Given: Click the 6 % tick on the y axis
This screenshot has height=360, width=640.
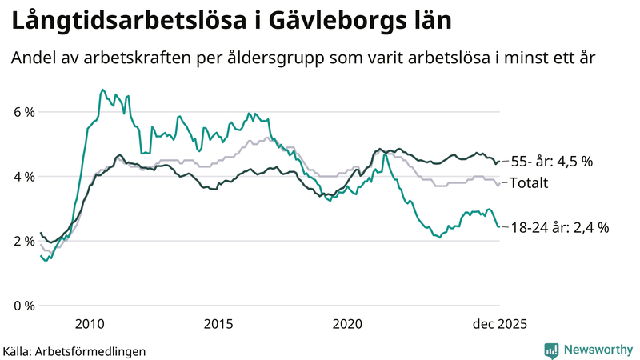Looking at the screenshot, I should click(23, 112).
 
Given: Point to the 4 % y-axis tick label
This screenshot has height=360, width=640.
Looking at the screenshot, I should click(23, 177).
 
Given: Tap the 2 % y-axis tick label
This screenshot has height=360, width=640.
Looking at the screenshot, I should click(23, 242).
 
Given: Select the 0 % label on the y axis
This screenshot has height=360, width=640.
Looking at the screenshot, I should click(23, 306).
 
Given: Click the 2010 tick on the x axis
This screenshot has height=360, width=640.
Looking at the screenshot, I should click(90, 323).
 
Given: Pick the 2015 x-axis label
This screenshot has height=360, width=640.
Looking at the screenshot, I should click(218, 323).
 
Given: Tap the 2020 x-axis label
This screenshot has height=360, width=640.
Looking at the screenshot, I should click(347, 323).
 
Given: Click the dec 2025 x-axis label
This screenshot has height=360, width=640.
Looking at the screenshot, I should click(496, 323).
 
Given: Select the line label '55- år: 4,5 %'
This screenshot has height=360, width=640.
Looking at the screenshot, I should click(551, 162).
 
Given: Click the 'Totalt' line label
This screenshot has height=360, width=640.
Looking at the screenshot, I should click(529, 183).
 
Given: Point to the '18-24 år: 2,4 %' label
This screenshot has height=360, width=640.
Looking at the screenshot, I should click(559, 227).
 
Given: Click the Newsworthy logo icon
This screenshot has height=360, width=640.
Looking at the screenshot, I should click(551, 350).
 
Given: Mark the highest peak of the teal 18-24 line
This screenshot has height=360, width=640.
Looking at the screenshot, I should click(102, 90).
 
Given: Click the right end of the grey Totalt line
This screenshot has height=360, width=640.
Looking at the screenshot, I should click(499, 184).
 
